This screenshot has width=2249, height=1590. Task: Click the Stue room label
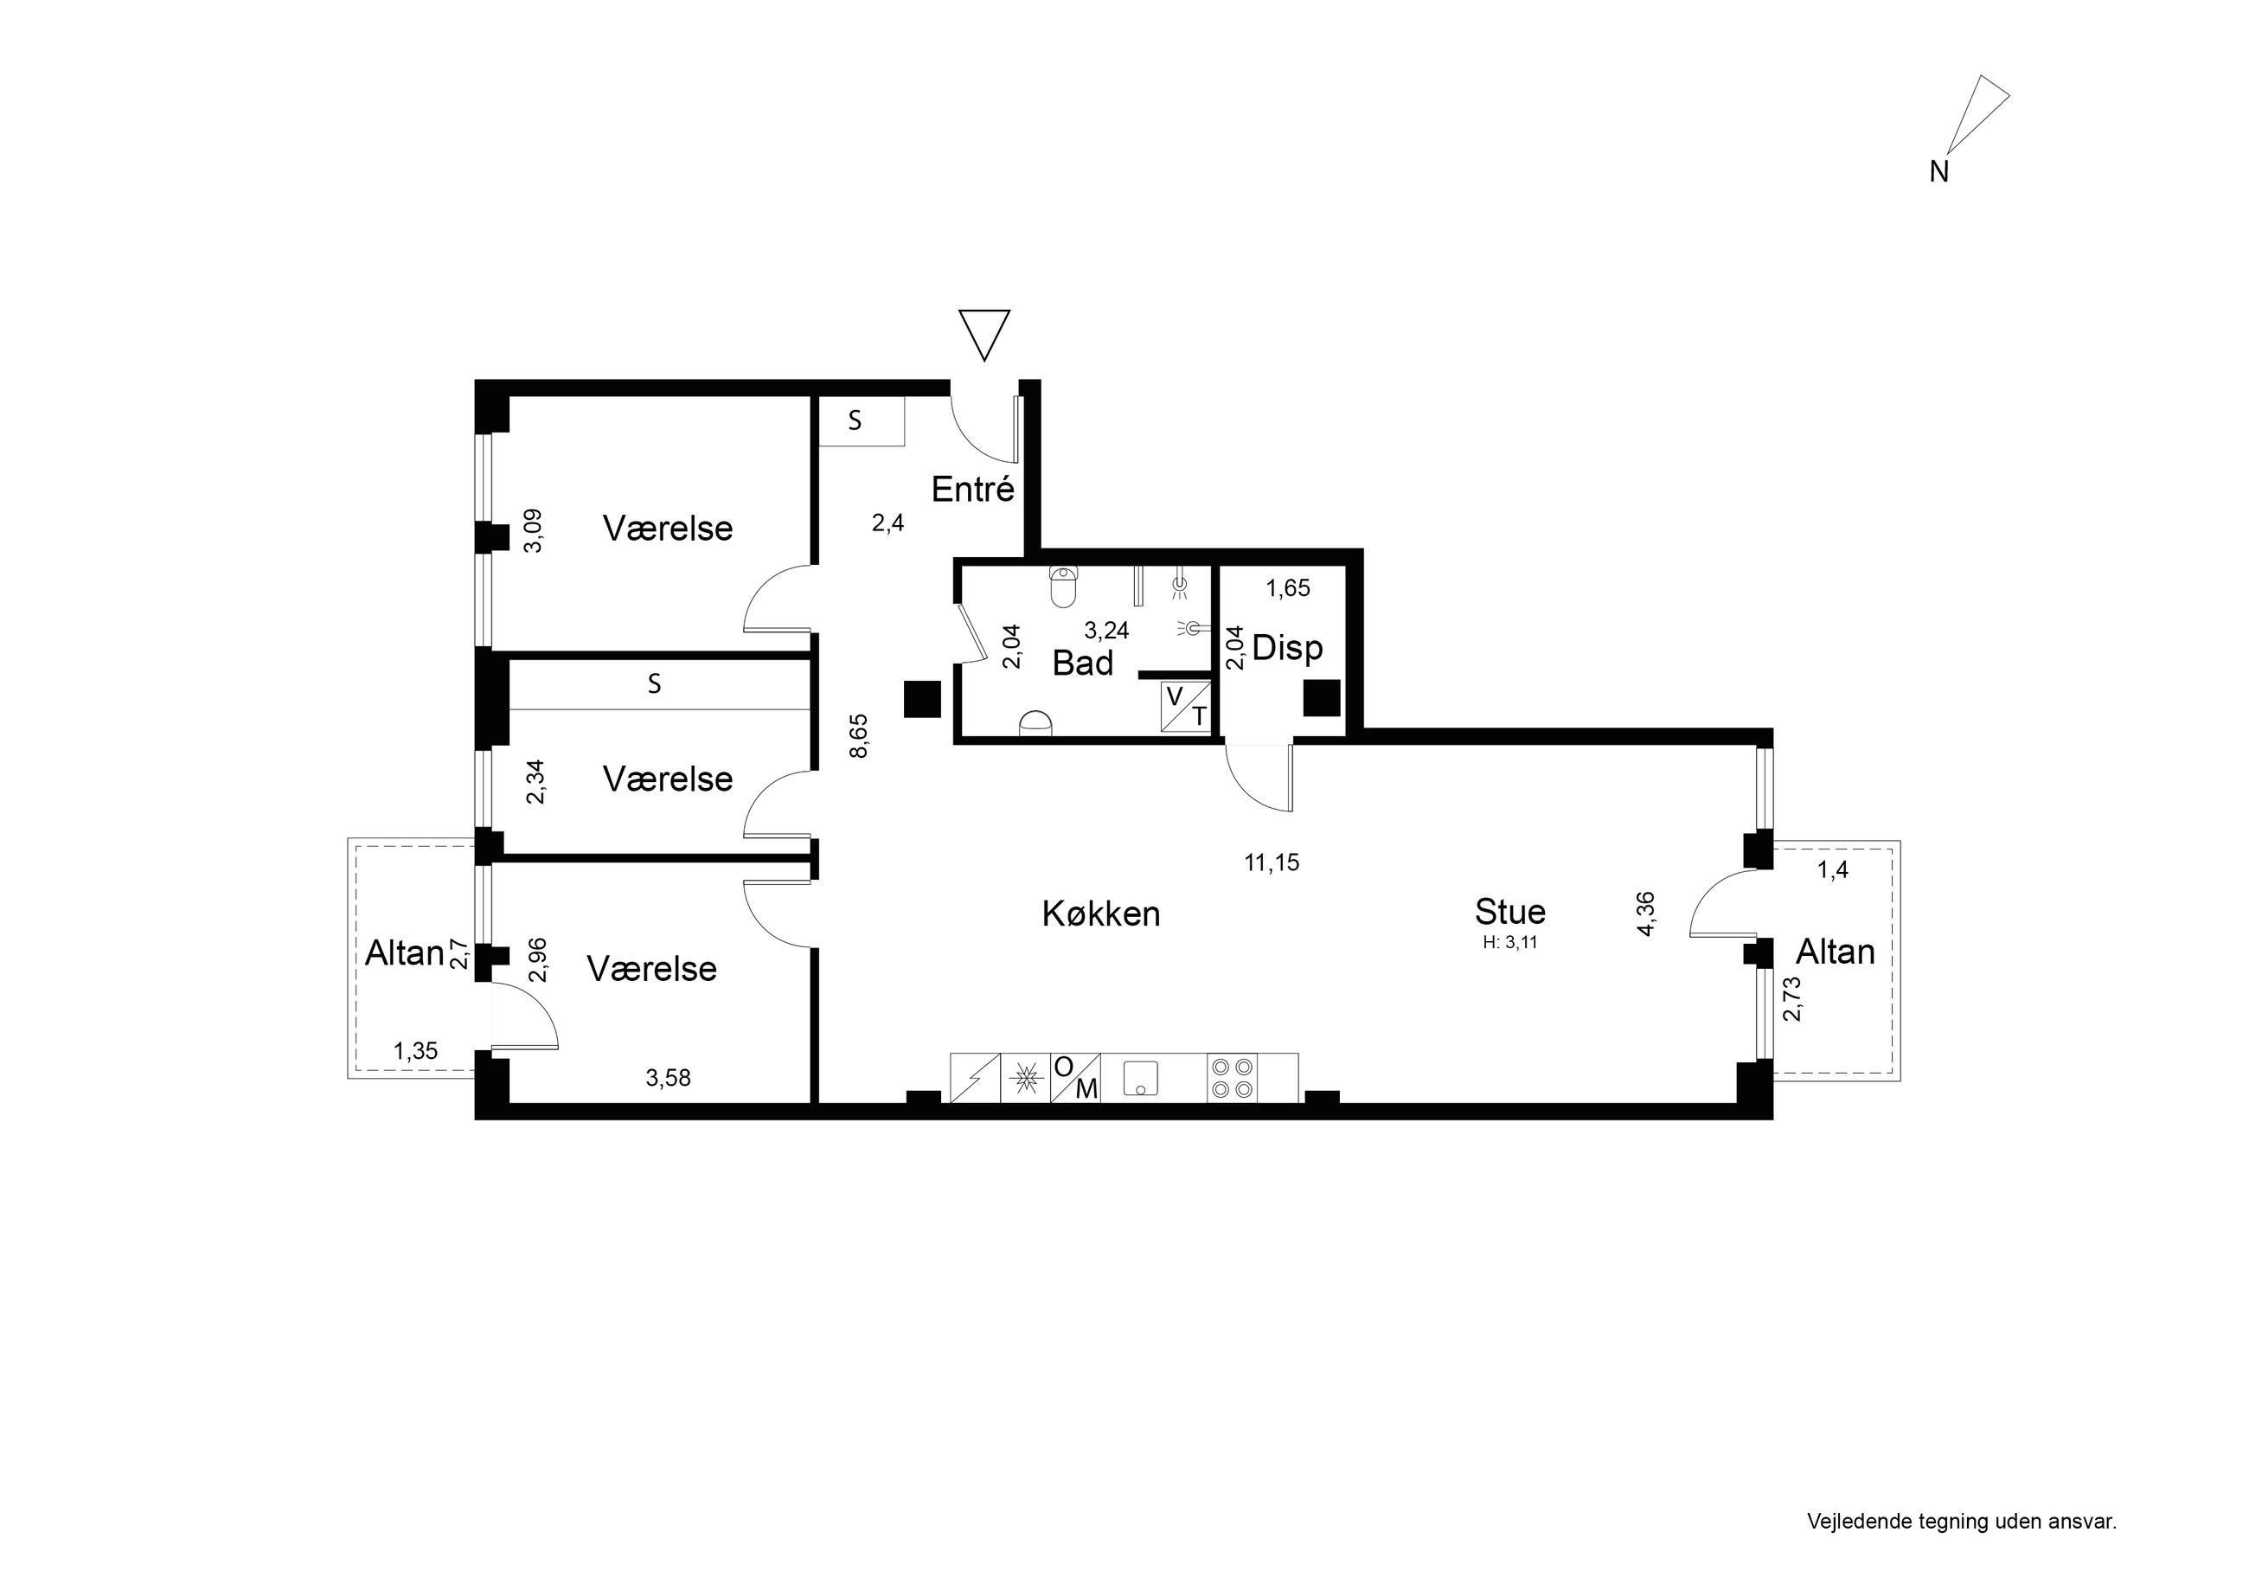tap(1510, 911)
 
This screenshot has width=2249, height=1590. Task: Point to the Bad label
tap(1082, 664)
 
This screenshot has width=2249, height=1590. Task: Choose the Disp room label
tap(1287, 649)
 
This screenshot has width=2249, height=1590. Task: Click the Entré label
tap(972, 489)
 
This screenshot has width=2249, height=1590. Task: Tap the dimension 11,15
tap(1272, 862)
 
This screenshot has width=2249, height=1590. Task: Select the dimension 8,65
tap(859, 735)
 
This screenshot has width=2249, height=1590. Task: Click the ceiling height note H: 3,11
tap(1510, 944)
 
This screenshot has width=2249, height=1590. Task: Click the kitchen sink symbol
tap(1141, 1078)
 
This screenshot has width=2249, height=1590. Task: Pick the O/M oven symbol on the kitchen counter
tap(1075, 1078)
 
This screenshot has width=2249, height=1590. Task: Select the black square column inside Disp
tap(1320, 698)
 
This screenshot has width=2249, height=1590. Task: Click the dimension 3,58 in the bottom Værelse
tap(668, 1079)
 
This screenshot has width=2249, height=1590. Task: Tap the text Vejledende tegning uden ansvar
tap(1962, 1522)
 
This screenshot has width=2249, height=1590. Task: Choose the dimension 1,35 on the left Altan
tap(415, 1051)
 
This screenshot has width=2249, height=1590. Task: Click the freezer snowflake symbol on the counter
tap(1026, 1078)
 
